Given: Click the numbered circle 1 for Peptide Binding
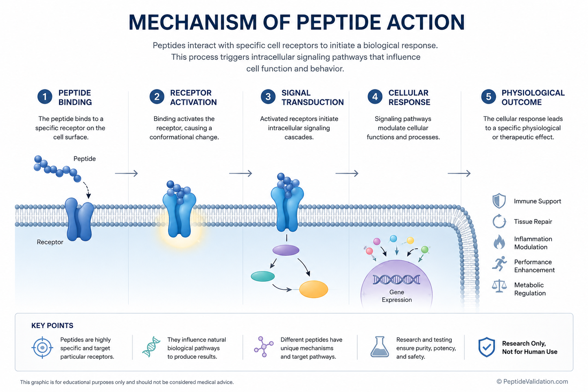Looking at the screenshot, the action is coord(45,96).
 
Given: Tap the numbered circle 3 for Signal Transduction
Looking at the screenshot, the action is coord(268,96).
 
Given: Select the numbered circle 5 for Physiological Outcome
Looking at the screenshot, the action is coord(488,96).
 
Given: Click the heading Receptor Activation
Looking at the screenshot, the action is coord(193,97).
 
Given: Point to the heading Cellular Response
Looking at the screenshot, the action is coord(409,97).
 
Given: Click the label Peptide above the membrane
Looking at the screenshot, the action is coord(85,159).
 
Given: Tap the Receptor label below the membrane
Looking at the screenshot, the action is coord(50,242).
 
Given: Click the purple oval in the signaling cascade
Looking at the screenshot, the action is coord(286,250).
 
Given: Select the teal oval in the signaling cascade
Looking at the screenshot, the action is coord(263,276).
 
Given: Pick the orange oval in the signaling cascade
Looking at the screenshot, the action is coord(314,289).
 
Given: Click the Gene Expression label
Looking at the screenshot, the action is coord(397,296).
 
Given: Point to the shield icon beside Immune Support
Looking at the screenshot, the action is coord(499,201).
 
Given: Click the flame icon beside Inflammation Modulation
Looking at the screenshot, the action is coord(499,242).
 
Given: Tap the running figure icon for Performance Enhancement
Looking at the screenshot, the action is coord(499,264).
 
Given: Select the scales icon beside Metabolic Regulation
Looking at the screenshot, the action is coord(499,286).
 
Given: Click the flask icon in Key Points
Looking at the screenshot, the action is coord(380,347).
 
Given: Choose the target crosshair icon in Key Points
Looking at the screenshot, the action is coord(42,348).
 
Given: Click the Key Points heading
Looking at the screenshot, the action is coord(52,326).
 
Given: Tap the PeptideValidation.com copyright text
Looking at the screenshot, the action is coord(532,381).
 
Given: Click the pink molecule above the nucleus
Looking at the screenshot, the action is coord(377,241).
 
